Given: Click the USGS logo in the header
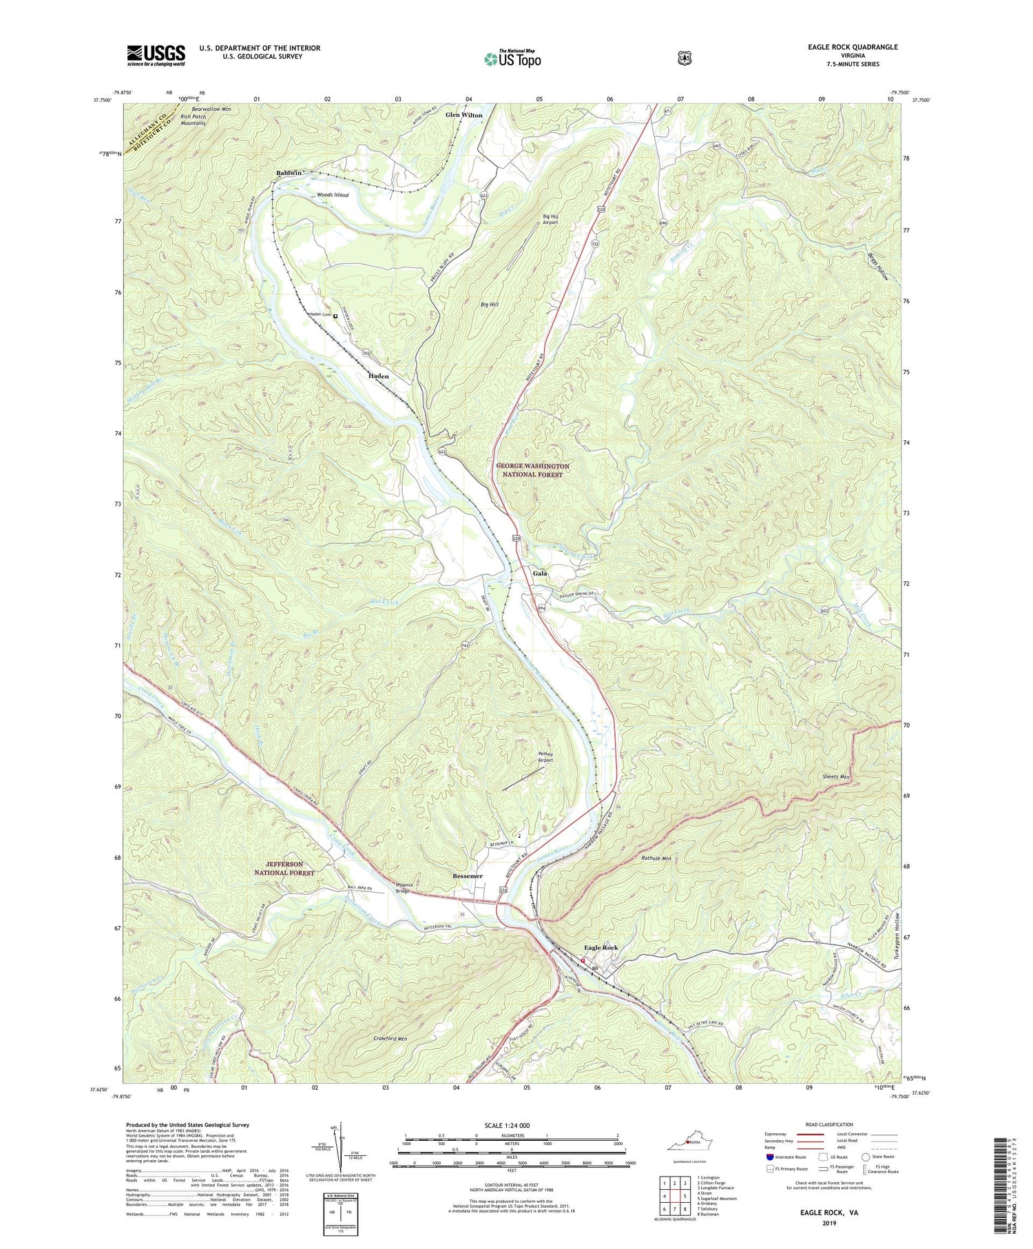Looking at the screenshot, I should point(156,55).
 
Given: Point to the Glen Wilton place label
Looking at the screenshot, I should point(463,114).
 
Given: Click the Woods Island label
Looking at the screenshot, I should point(333,195).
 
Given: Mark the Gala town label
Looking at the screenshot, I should point(540,573).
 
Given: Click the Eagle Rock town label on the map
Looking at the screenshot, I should point(601,948).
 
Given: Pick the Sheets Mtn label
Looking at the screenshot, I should point(836,777).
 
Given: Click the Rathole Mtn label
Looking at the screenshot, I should point(656,858).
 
